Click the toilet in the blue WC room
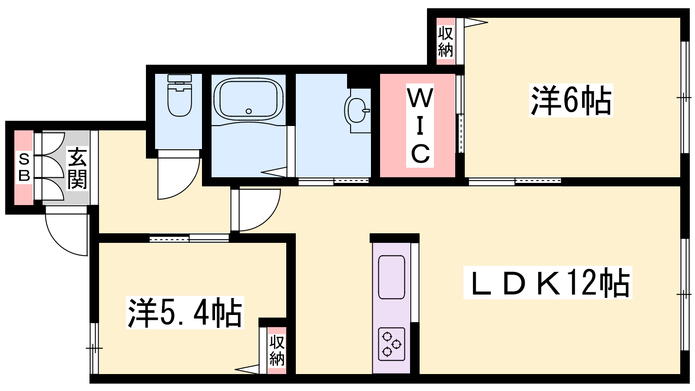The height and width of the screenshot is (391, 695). click(x=180, y=95)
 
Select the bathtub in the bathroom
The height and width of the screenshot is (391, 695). click(x=248, y=99)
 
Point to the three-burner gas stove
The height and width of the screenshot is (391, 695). click(x=391, y=344)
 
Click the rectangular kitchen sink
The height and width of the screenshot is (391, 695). click(x=391, y=277)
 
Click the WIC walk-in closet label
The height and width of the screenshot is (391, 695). click(x=420, y=126)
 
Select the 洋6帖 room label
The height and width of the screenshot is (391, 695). click(x=571, y=100)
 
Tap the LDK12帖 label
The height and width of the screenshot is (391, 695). click(x=548, y=282)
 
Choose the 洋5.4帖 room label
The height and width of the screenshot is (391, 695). click(x=185, y=312)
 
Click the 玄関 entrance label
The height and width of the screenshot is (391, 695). click(x=77, y=168)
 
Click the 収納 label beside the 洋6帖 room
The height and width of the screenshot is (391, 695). click(x=446, y=42)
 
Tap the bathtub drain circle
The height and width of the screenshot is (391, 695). click(x=248, y=111)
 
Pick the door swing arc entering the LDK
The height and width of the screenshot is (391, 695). click(x=265, y=217)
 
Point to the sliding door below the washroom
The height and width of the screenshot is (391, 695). click(x=334, y=181)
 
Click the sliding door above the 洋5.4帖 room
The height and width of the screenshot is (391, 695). click(x=189, y=239)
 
